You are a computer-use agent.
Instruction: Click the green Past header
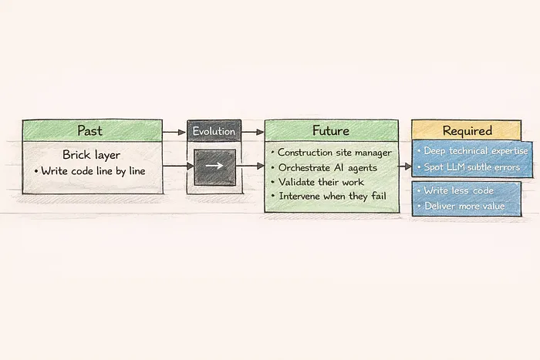(91, 130)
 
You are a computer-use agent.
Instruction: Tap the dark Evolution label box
(214, 131)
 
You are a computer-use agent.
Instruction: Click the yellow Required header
(467, 130)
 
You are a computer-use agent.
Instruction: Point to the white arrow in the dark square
(214, 165)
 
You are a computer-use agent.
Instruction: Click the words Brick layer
(91, 154)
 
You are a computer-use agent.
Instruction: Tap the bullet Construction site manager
(332, 153)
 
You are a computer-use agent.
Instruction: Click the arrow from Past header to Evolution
(174, 132)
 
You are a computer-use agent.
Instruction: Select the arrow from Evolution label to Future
(252, 132)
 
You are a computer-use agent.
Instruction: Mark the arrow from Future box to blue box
(403, 165)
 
